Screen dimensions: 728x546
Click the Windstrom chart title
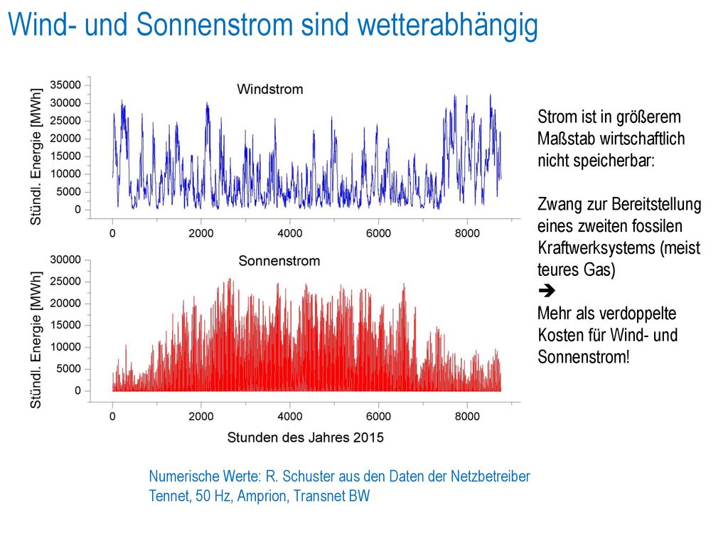pos(269,89)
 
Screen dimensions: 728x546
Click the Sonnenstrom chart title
pos(279,260)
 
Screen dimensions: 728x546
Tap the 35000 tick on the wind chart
pos(65,85)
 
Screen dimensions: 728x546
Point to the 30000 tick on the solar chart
pos(65,259)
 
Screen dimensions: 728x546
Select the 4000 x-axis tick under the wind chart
pos(290,233)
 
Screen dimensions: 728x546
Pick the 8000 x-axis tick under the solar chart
pos(467,416)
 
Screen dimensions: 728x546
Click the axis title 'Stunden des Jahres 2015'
pos(306,437)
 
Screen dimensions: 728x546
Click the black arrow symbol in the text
pos(547,291)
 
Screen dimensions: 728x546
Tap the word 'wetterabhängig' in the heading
pos(448,25)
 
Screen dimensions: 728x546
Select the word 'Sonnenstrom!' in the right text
pos(584,357)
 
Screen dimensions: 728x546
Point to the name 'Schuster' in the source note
pos(309,476)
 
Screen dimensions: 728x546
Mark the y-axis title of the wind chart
pos(36,156)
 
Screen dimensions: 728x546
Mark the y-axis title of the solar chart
pos(36,340)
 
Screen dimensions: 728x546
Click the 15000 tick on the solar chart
pos(65,325)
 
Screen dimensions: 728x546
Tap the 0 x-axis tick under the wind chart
pos(112,233)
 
